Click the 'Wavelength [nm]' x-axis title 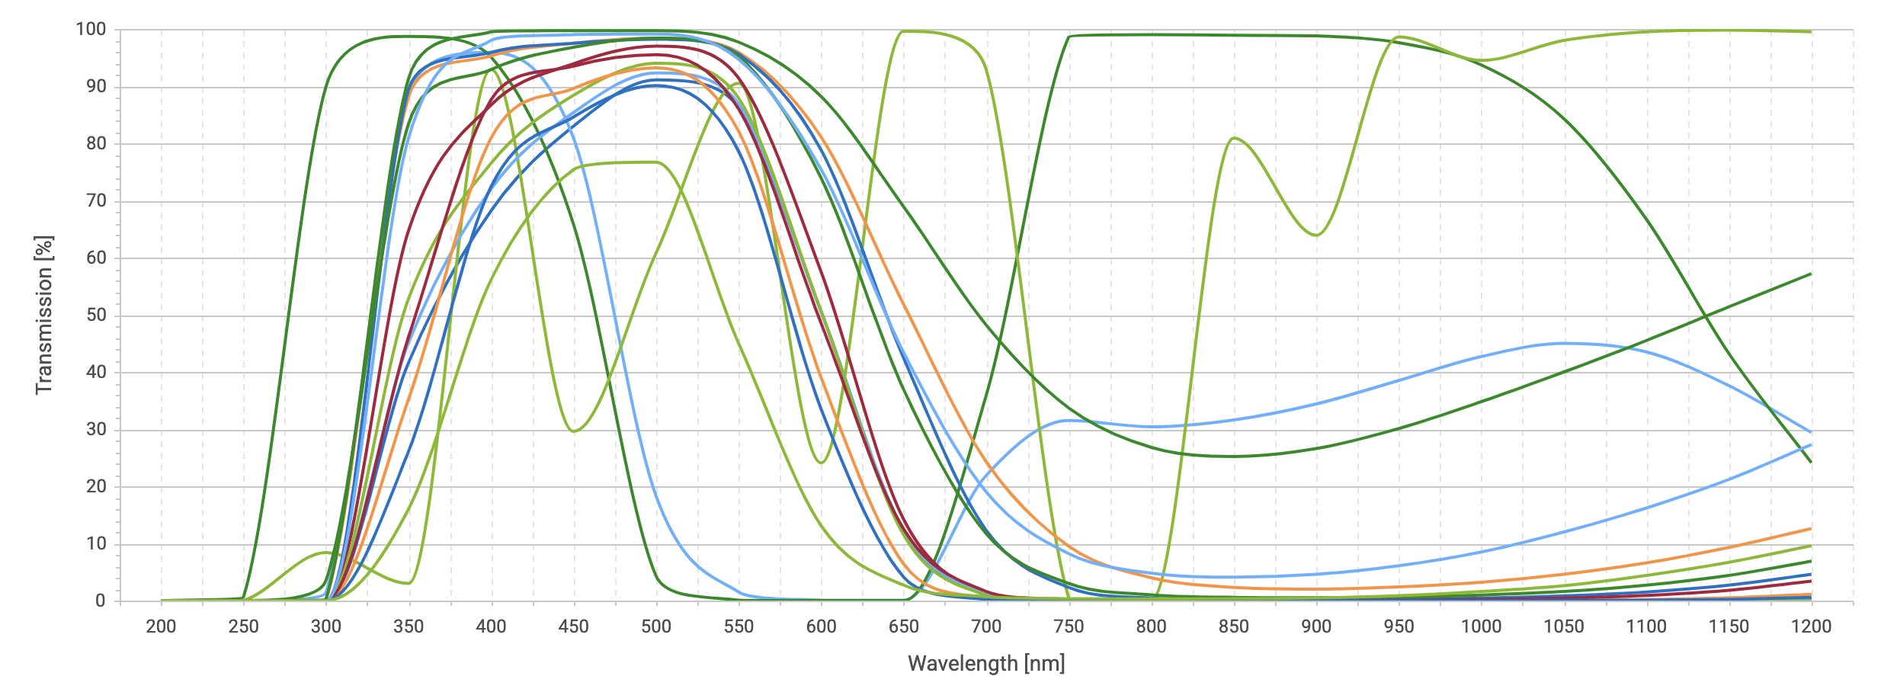click(x=986, y=664)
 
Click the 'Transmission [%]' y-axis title click(x=44, y=315)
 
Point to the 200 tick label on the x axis click(x=161, y=627)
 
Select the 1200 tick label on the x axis click(x=1811, y=627)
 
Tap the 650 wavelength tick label click(x=903, y=627)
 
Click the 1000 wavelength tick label click(x=1481, y=627)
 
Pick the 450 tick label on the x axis click(x=573, y=627)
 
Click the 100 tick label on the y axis click(x=91, y=30)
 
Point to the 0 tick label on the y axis click(x=100, y=601)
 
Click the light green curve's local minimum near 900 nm click(x=1316, y=235)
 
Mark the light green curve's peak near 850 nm click(x=1234, y=138)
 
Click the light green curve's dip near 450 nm click(x=573, y=431)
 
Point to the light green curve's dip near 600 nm click(x=821, y=463)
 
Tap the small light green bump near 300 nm click(x=326, y=553)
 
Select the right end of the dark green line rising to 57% click(x=1810, y=274)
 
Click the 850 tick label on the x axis click(x=1233, y=627)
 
